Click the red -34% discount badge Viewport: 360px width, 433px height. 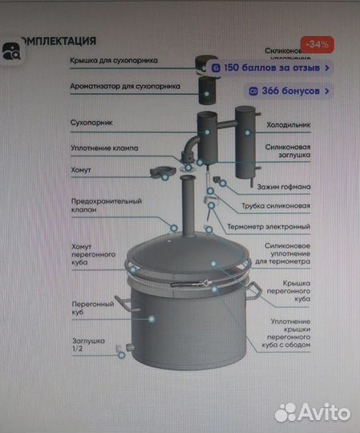coord(317,43)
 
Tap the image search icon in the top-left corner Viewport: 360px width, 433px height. coord(11,52)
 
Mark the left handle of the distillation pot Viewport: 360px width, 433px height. coord(122,302)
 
